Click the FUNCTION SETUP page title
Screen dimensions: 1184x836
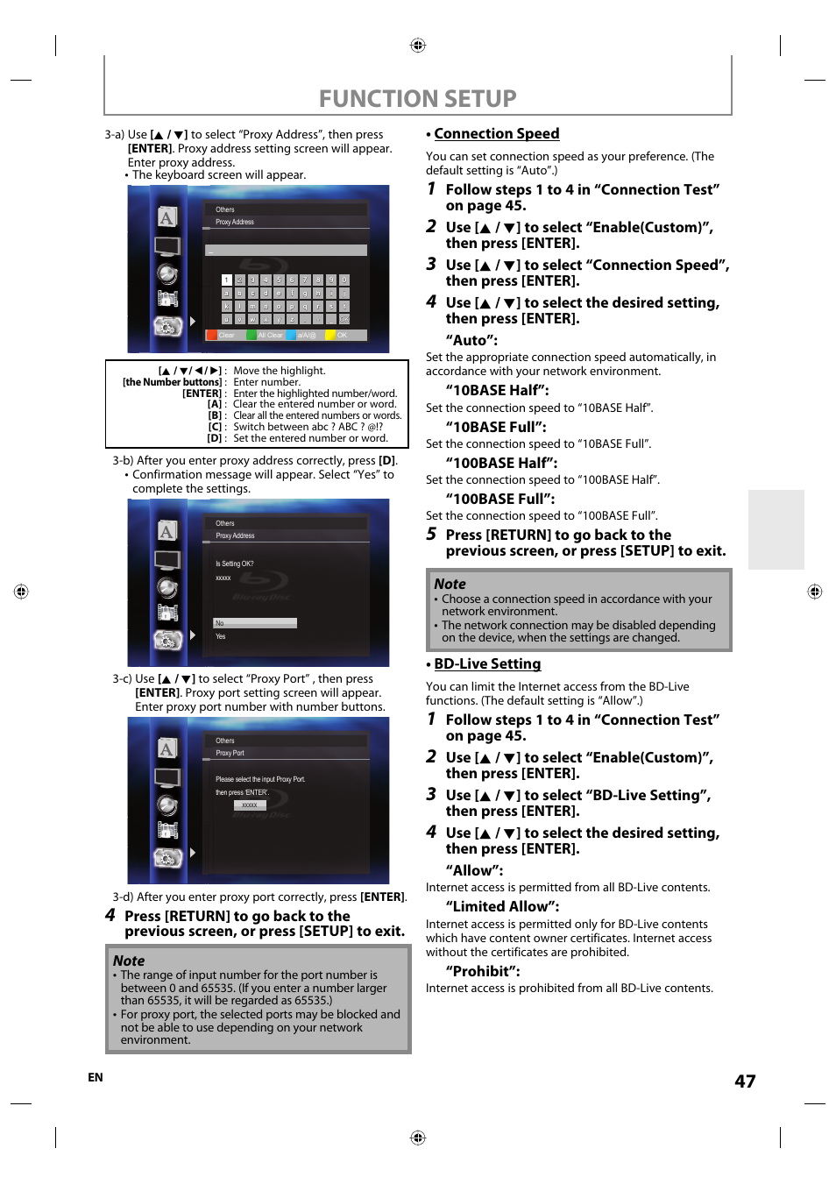pos(417,98)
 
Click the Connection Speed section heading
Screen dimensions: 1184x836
pos(496,134)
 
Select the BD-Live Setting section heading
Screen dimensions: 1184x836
pos(487,664)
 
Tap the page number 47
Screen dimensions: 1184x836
pos(745,1081)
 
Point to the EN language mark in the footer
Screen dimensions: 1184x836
pos(96,1077)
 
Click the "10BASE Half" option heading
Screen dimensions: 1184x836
pos(497,390)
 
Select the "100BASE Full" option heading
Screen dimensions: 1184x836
pos(499,499)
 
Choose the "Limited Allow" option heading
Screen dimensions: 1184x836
pos(502,906)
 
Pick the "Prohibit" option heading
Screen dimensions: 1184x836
pos(483,971)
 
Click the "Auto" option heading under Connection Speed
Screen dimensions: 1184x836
pos(471,340)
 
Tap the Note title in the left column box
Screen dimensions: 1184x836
pos(129,961)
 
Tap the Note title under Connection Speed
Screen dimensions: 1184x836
pos(450,584)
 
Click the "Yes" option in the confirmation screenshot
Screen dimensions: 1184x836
pos(221,636)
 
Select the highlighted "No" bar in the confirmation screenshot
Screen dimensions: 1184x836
pos(255,623)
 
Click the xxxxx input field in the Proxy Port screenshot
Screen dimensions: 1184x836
pos(250,805)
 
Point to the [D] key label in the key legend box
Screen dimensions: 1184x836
pos(215,438)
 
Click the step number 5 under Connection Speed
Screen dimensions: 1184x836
pos(431,535)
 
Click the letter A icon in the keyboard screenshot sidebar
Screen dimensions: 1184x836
pos(166,217)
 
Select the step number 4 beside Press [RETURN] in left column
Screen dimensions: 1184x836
pos(110,915)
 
